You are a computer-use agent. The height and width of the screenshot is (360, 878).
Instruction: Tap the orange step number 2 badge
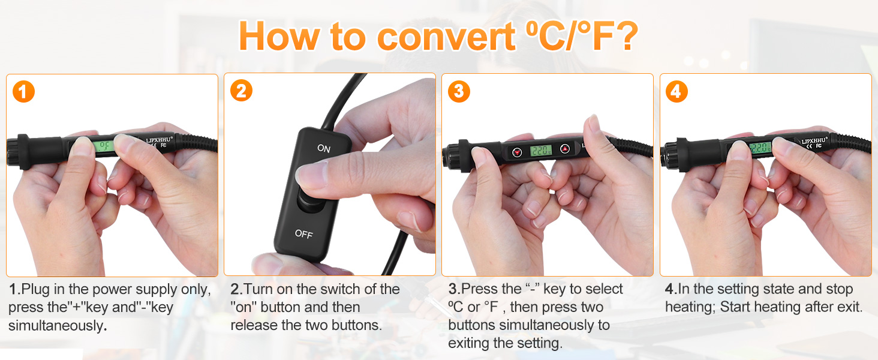click(241, 91)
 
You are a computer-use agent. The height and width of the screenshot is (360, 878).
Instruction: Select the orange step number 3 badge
click(459, 91)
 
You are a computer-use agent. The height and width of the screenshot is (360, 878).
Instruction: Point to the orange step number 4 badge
click(676, 91)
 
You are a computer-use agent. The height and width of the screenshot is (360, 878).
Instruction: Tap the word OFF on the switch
click(303, 234)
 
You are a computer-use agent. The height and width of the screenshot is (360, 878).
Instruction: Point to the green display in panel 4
click(760, 147)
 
